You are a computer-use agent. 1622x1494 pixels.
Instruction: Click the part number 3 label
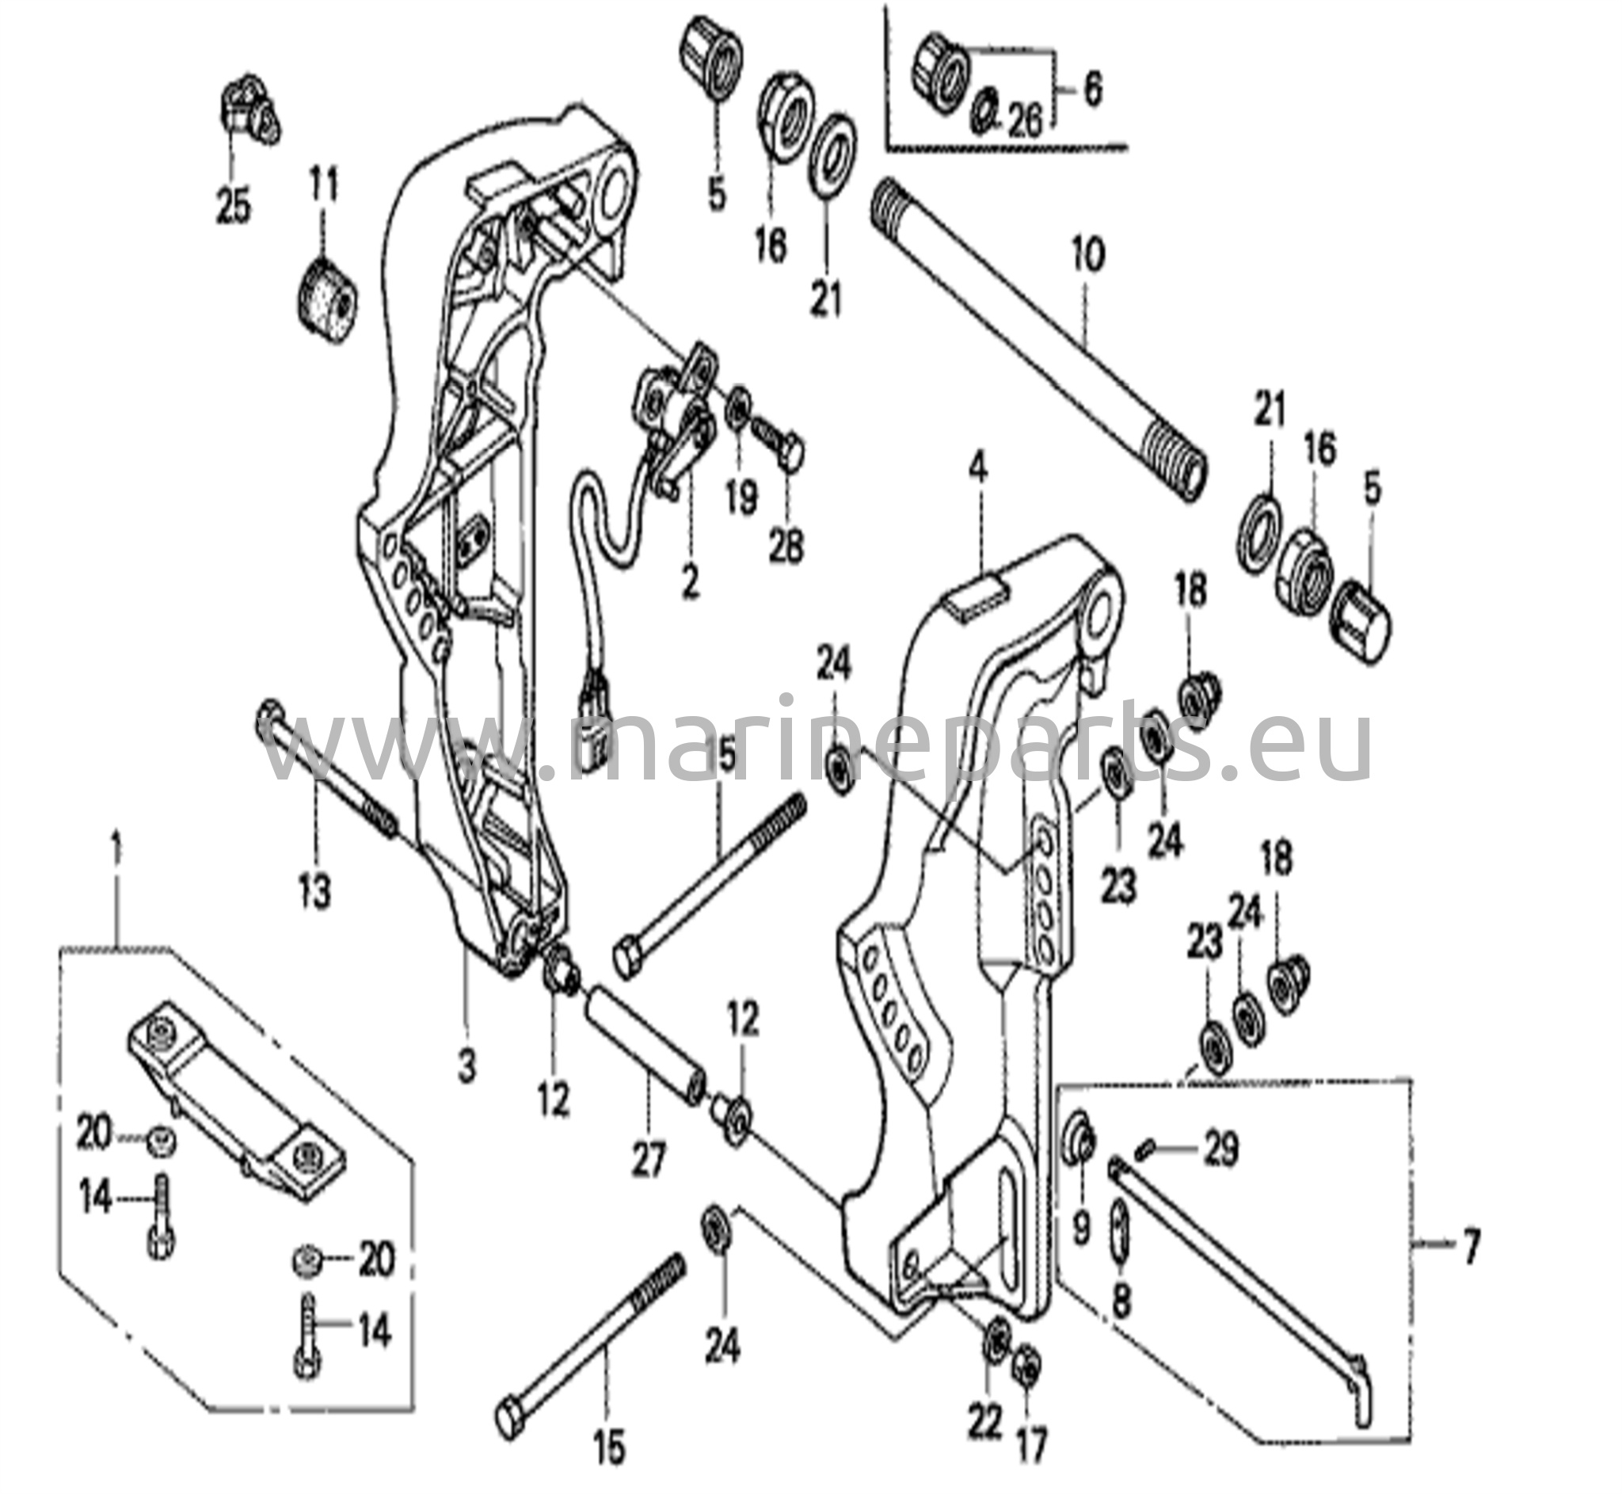coord(467,1065)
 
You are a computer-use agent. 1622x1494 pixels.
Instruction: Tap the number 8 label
coord(1121,1299)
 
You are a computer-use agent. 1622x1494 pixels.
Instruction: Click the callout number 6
coord(1092,90)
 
